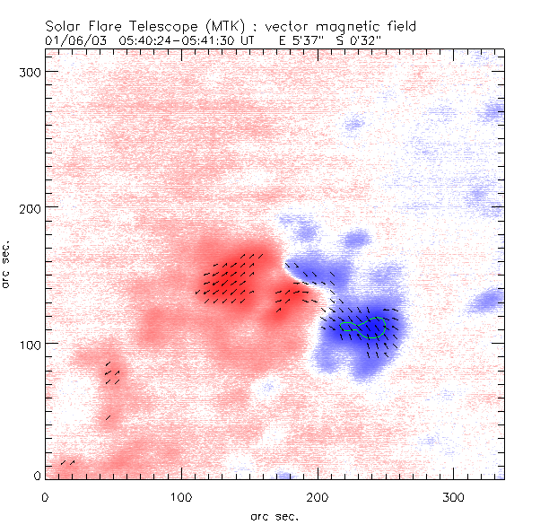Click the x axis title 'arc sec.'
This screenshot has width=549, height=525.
(274, 516)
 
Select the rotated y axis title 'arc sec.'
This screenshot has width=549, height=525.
(8, 265)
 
